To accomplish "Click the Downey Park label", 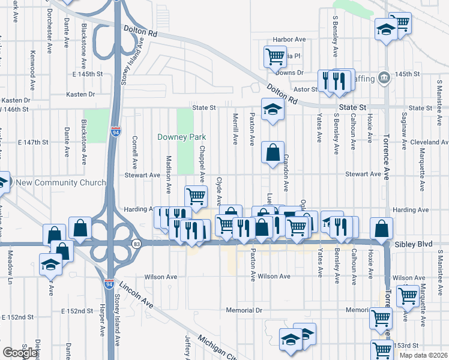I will point(181,137).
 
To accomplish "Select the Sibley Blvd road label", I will point(414,245).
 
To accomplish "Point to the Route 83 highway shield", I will point(137,244).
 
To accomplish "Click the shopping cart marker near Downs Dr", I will point(275,57).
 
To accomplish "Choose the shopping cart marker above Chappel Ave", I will point(196,196).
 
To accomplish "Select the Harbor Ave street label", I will point(289,40).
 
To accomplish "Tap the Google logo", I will point(19,353).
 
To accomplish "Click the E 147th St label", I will point(33,142).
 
